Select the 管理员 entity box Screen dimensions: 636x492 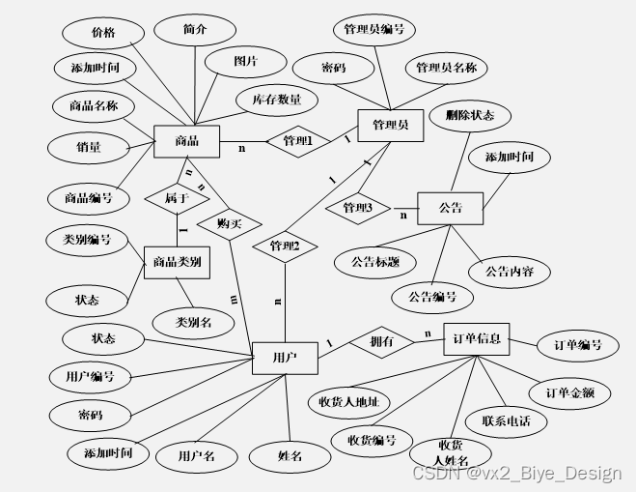[x=391, y=126]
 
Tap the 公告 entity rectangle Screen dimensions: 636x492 [x=450, y=208]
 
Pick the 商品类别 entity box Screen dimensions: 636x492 [x=177, y=261]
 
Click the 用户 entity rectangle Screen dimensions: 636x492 [x=284, y=358]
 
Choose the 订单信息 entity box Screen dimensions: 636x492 [x=477, y=340]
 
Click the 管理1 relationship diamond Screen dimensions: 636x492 [x=297, y=141]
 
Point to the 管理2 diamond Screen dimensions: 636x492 [x=285, y=246]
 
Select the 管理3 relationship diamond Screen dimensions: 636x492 [x=357, y=208]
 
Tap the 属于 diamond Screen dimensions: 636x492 [x=175, y=198]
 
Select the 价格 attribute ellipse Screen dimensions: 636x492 [x=103, y=33]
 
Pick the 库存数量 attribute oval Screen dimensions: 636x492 [x=276, y=100]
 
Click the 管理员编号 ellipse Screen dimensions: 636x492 [x=373, y=30]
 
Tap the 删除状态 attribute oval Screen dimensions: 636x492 [x=470, y=116]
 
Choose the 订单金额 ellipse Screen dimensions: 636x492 [x=568, y=392]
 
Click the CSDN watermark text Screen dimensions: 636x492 [x=516, y=473]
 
